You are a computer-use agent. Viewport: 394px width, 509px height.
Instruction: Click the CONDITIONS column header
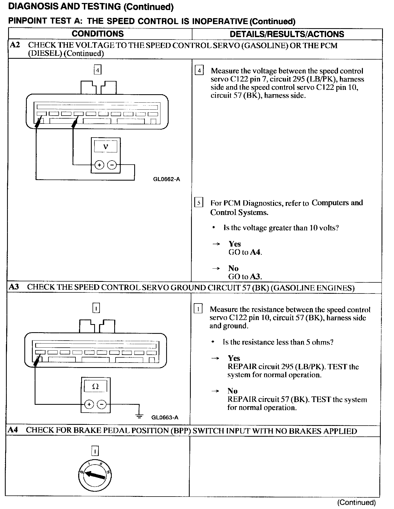coord(98,34)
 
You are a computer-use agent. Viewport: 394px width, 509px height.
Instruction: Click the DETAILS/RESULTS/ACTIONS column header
coord(287,34)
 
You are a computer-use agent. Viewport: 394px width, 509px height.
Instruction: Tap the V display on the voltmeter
coord(106,147)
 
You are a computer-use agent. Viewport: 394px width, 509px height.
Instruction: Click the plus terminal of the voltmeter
coord(99,165)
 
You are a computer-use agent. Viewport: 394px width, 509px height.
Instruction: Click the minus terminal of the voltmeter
coord(112,165)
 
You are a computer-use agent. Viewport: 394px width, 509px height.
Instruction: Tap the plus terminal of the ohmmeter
coord(89,404)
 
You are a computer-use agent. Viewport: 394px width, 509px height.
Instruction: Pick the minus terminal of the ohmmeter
coord(101,404)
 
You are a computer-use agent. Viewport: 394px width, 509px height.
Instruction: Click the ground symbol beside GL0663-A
coord(139,416)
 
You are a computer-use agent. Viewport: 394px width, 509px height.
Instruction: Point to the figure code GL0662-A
coord(166,179)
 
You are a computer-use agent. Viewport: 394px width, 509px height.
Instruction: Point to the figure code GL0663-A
coord(165,417)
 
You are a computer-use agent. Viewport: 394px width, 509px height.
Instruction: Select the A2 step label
coord(15,45)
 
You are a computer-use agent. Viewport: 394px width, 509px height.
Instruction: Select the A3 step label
coord(14,287)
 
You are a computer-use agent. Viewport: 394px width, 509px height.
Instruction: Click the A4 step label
coord(13,430)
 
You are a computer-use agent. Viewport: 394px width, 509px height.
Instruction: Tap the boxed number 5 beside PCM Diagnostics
coord(199,203)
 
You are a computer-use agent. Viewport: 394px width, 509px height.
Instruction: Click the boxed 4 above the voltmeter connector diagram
coord(97,70)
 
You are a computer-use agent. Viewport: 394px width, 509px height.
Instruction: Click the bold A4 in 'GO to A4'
coord(255,252)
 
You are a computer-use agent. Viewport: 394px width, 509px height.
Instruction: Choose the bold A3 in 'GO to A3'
coord(255,276)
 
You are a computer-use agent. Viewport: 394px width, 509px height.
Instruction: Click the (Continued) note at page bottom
coord(356,503)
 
